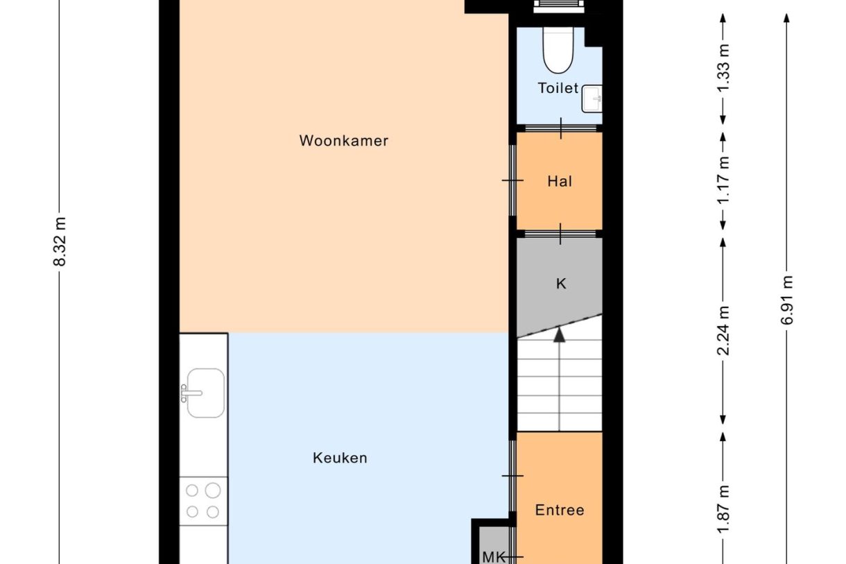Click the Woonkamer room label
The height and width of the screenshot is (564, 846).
(x=344, y=141)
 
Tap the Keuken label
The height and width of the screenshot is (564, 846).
(x=340, y=458)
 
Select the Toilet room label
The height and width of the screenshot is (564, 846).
(x=558, y=88)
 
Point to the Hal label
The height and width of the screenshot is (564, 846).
(x=560, y=181)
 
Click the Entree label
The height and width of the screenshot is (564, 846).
(x=560, y=510)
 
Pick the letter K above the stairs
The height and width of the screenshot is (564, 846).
(x=561, y=283)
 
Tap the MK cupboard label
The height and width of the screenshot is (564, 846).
(x=494, y=557)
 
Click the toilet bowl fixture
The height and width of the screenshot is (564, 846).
(x=558, y=50)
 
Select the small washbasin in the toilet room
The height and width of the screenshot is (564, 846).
(x=592, y=99)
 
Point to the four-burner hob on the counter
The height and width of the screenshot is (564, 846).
(x=203, y=501)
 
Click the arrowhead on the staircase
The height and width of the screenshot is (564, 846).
(x=560, y=335)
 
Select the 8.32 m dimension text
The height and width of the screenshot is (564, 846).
(x=60, y=242)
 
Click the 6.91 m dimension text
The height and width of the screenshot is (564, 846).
(x=786, y=300)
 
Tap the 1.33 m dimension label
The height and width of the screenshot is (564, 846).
(x=723, y=68)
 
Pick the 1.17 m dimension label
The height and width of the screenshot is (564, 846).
(x=723, y=180)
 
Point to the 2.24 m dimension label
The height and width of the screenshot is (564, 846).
(x=723, y=330)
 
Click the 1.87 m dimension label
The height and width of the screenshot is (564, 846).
(x=723, y=509)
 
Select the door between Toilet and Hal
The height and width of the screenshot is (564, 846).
(x=561, y=128)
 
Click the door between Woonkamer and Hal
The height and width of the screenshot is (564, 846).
(x=512, y=180)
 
